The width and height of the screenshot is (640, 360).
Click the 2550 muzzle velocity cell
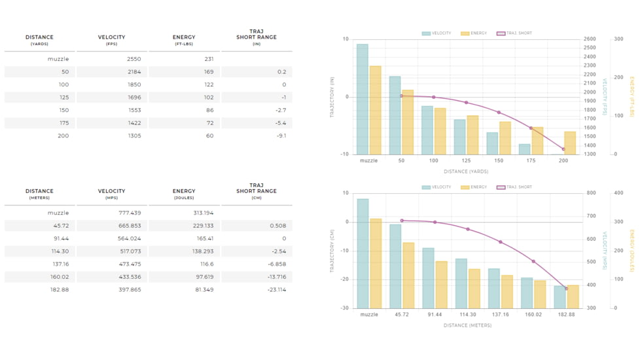[x=133, y=59]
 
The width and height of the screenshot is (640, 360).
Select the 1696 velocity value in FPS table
[x=133, y=98]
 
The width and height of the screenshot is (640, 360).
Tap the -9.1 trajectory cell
[x=281, y=136]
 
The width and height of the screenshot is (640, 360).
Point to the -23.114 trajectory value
[x=277, y=290]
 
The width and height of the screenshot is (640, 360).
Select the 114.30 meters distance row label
[x=60, y=251]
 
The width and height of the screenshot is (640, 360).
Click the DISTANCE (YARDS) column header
[x=39, y=40]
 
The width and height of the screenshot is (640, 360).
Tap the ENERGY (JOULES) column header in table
[x=184, y=194]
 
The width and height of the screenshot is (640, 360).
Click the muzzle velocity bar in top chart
[x=362, y=98]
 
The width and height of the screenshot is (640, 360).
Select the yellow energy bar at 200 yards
[x=570, y=143]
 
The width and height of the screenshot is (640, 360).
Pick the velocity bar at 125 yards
[x=460, y=137]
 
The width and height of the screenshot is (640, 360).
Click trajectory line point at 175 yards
[x=531, y=128]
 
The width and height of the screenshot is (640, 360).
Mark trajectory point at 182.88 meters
[x=567, y=289]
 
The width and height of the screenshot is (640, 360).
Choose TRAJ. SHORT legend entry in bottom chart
[x=514, y=187]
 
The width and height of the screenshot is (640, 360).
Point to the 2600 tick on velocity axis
[x=589, y=39]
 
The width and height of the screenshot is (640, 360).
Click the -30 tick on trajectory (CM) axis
[x=344, y=308]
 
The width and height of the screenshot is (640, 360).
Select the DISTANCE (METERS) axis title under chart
[x=467, y=325]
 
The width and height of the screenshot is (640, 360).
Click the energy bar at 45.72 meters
[x=408, y=275]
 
